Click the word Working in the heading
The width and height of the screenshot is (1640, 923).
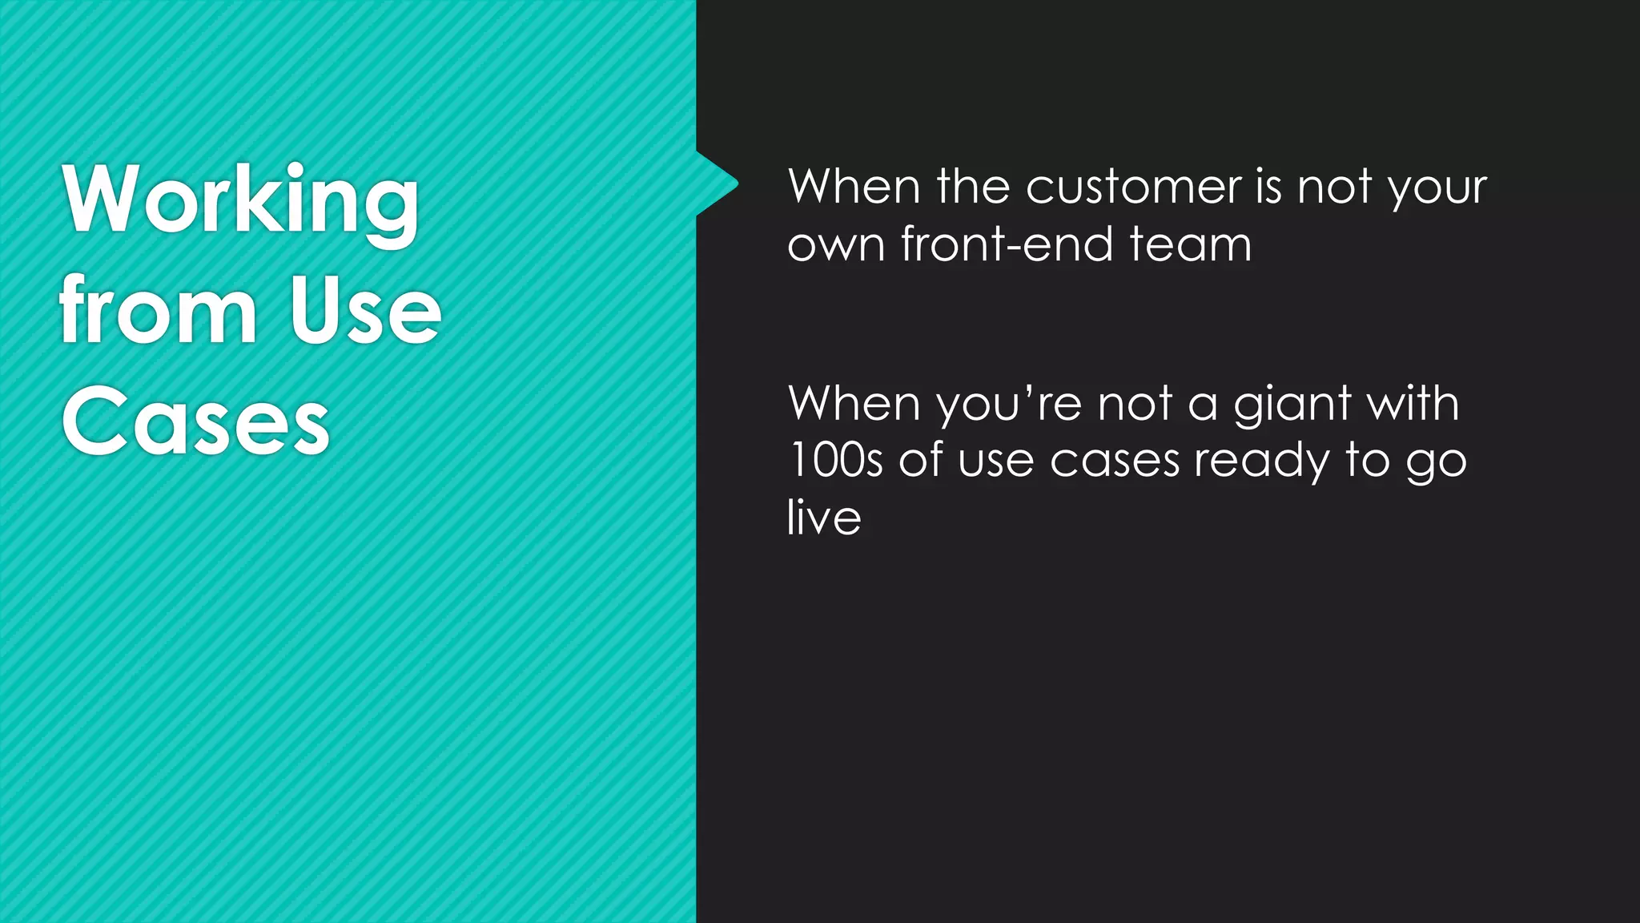(x=240, y=200)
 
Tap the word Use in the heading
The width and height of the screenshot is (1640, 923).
(x=365, y=311)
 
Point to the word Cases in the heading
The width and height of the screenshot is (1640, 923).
(x=195, y=421)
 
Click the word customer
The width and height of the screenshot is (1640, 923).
(x=1133, y=187)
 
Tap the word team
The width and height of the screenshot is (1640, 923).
(x=1190, y=244)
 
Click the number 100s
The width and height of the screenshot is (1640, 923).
(x=835, y=461)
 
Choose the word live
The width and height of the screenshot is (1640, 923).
(x=824, y=518)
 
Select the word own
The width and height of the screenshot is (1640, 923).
(x=836, y=245)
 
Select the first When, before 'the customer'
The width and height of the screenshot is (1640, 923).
(x=854, y=187)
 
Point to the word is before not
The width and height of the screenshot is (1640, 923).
(x=1269, y=187)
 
